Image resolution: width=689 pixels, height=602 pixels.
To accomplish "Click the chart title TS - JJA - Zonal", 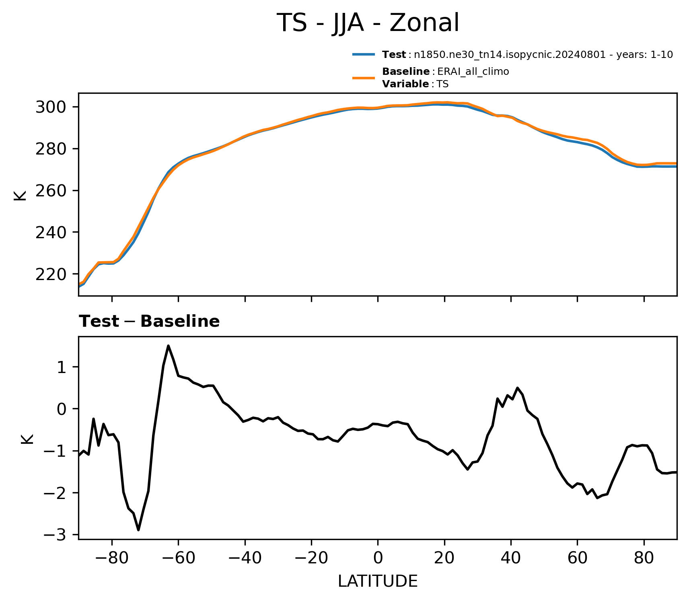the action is (368, 23).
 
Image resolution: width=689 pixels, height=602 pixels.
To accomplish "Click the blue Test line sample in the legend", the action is (364, 54).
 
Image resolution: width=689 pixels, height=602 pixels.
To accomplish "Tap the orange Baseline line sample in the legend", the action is (364, 78).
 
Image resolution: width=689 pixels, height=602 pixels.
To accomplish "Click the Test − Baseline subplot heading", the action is (149, 322).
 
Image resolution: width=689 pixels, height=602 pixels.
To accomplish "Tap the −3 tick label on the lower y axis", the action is (58, 535).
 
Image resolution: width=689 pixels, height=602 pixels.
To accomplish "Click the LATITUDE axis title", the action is (378, 581).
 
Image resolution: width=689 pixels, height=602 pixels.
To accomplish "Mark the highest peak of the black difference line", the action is (168, 346).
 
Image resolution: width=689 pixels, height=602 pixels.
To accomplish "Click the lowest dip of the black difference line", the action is (138, 530).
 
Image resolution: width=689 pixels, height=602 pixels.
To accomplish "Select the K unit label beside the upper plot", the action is (20, 195).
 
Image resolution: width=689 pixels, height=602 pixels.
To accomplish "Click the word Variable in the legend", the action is (405, 84).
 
